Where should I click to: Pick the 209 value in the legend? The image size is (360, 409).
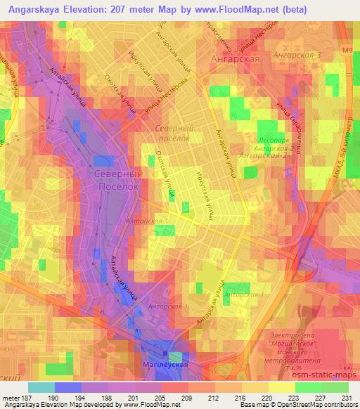[187, 398]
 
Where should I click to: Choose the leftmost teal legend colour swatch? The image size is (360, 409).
[41, 387]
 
